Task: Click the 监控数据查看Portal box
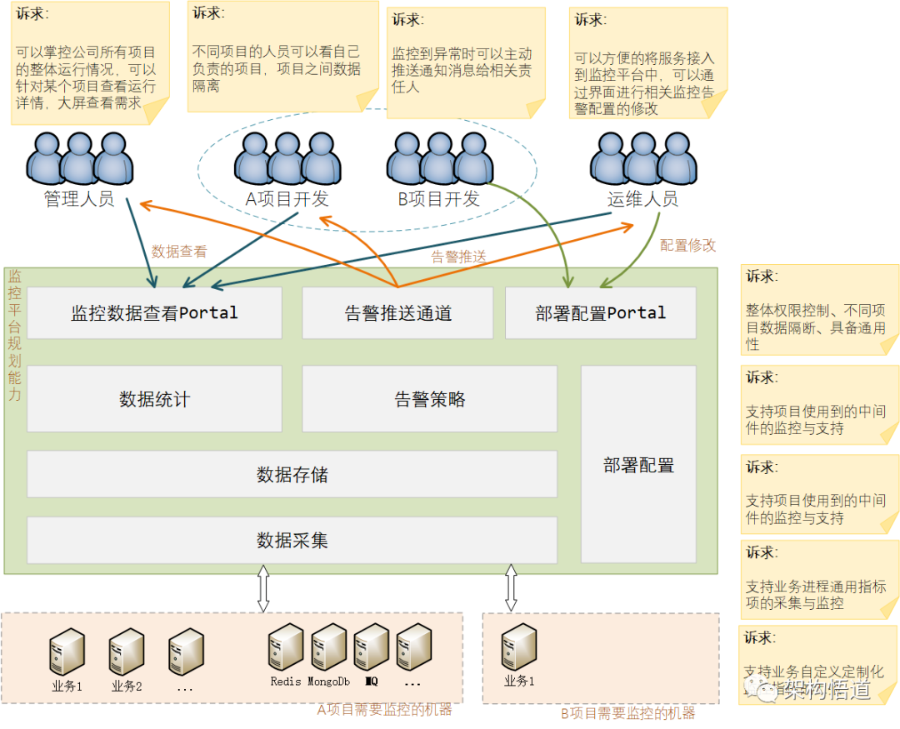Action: [154, 313]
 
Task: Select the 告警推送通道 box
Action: [398, 313]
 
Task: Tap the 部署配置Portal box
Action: [600, 313]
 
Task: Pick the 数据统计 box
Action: [154, 399]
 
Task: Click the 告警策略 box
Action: [429, 399]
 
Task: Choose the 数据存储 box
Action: [292, 475]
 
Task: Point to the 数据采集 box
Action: [292, 540]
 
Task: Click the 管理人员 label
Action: [78, 200]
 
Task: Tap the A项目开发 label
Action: [287, 199]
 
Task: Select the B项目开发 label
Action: [439, 199]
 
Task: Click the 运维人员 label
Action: [642, 199]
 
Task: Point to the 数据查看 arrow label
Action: [178, 251]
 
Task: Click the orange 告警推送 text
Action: [458, 257]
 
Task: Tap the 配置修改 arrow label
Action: [687, 246]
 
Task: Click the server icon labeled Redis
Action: [286, 649]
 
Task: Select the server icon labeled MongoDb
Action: [328, 649]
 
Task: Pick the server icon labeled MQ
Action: [371, 649]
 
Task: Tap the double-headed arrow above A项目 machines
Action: [263, 588]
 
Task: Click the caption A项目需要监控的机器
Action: [384, 710]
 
